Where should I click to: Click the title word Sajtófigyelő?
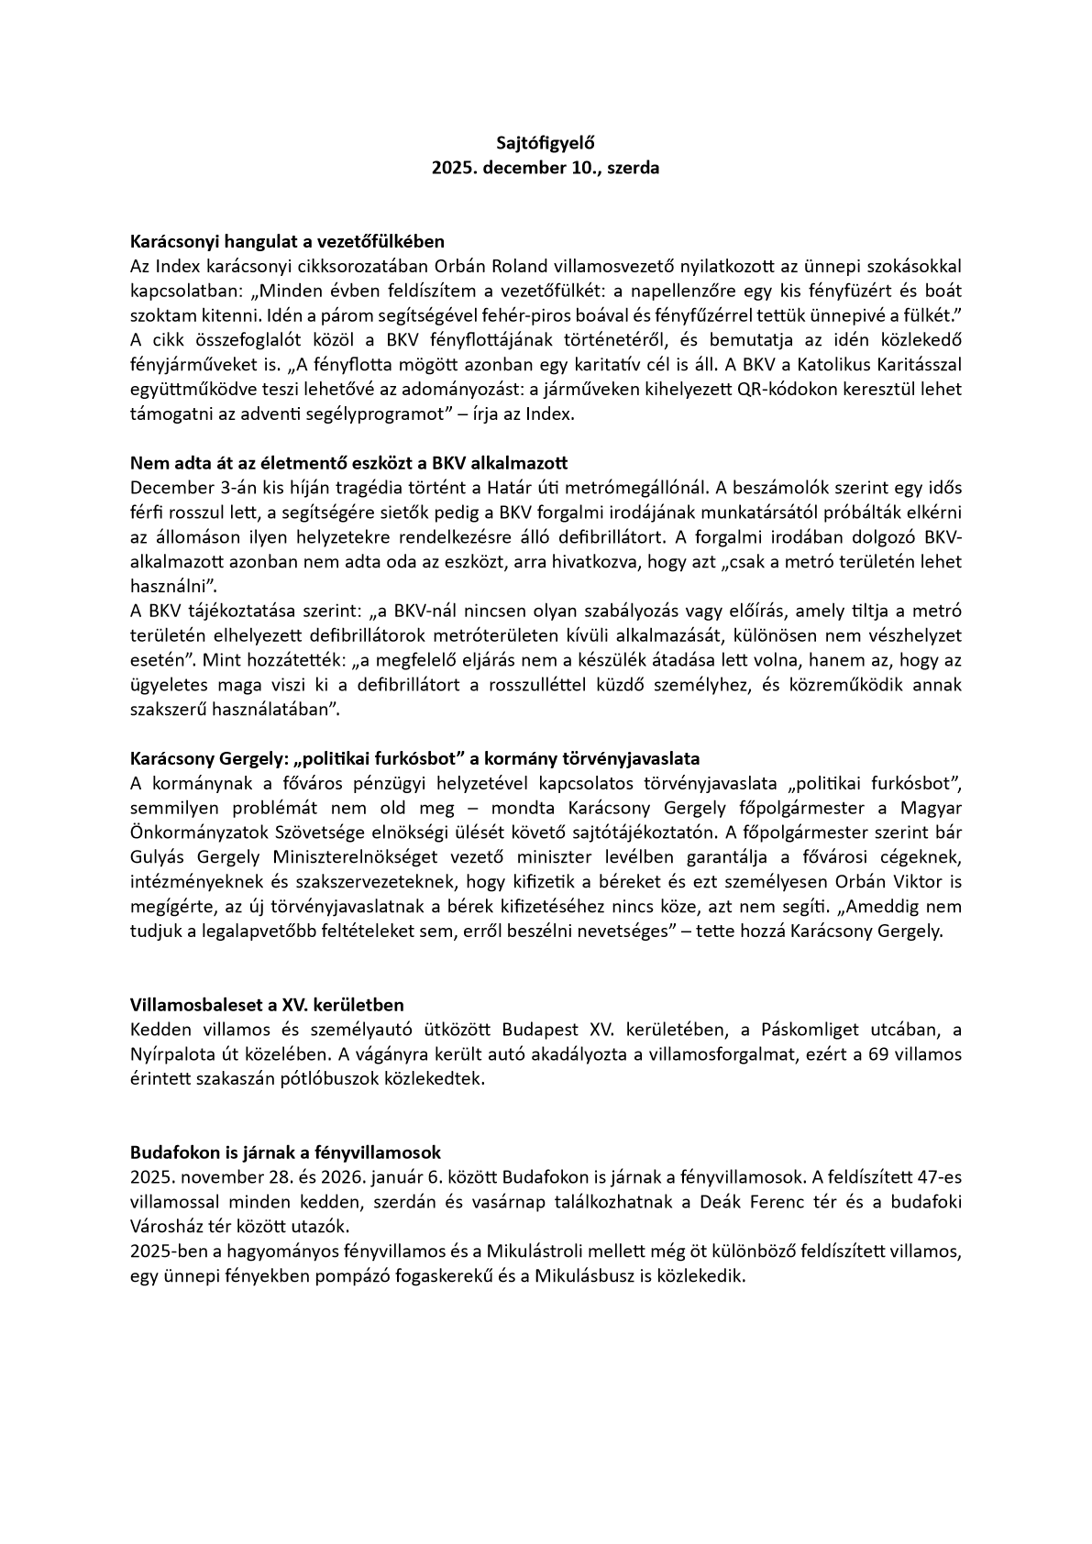pyautogui.click(x=546, y=143)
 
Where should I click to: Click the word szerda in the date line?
pyautogui.click(x=633, y=169)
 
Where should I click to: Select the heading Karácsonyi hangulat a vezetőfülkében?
pyautogui.click(x=287, y=242)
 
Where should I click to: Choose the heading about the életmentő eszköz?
pyautogui.click(x=349, y=462)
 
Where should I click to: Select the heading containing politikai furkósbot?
pyautogui.click(x=415, y=759)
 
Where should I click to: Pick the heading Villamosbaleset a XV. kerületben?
pyautogui.click(x=267, y=1005)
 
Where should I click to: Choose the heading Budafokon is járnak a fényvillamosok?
pyautogui.click(x=286, y=1152)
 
